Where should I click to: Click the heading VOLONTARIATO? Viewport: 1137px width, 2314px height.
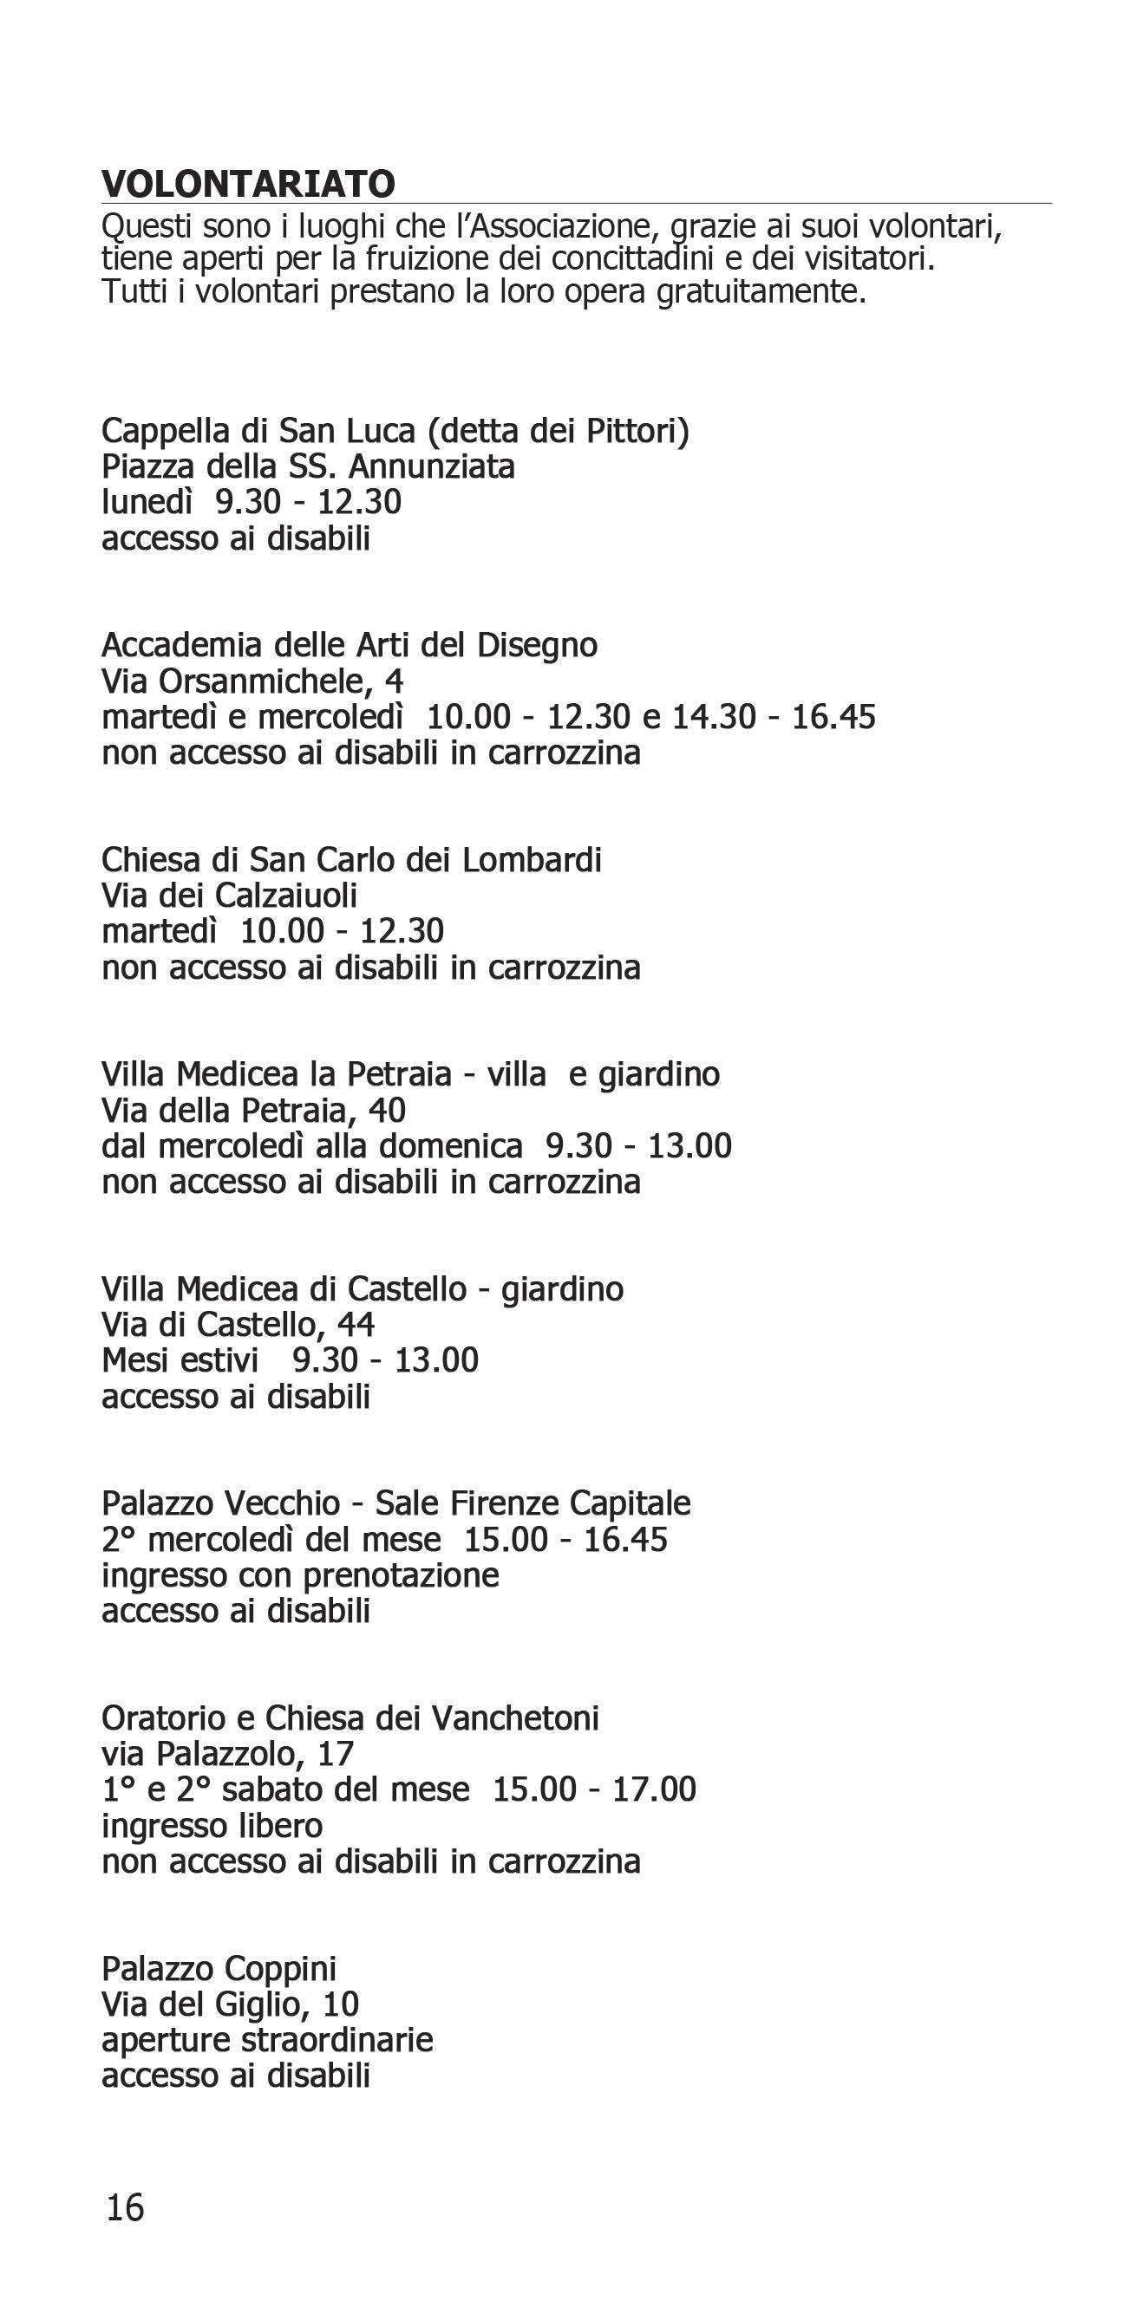[x=248, y=184]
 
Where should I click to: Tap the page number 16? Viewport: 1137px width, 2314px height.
[x=125, y=2206]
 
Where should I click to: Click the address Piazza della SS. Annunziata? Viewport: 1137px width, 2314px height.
[x=307, y=467]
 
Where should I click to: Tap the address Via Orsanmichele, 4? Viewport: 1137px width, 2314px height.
[x=252, y=681]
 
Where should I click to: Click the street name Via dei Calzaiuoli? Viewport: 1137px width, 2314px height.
[x=229, y=896]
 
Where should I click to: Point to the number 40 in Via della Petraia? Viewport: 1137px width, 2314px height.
[x=387, y=1111]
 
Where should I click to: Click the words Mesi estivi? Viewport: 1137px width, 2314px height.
[x=180, y=1361]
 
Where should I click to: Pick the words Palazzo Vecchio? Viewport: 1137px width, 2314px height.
[x=221, y=1502]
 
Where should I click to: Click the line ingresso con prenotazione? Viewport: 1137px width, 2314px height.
[x=300, y=1575]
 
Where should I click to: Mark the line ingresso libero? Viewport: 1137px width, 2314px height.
[x=212, y=1825]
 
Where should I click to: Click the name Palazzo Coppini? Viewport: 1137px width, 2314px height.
[x=219, y=1968]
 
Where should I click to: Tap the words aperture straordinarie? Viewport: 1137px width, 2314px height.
[x=267, y=2040]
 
